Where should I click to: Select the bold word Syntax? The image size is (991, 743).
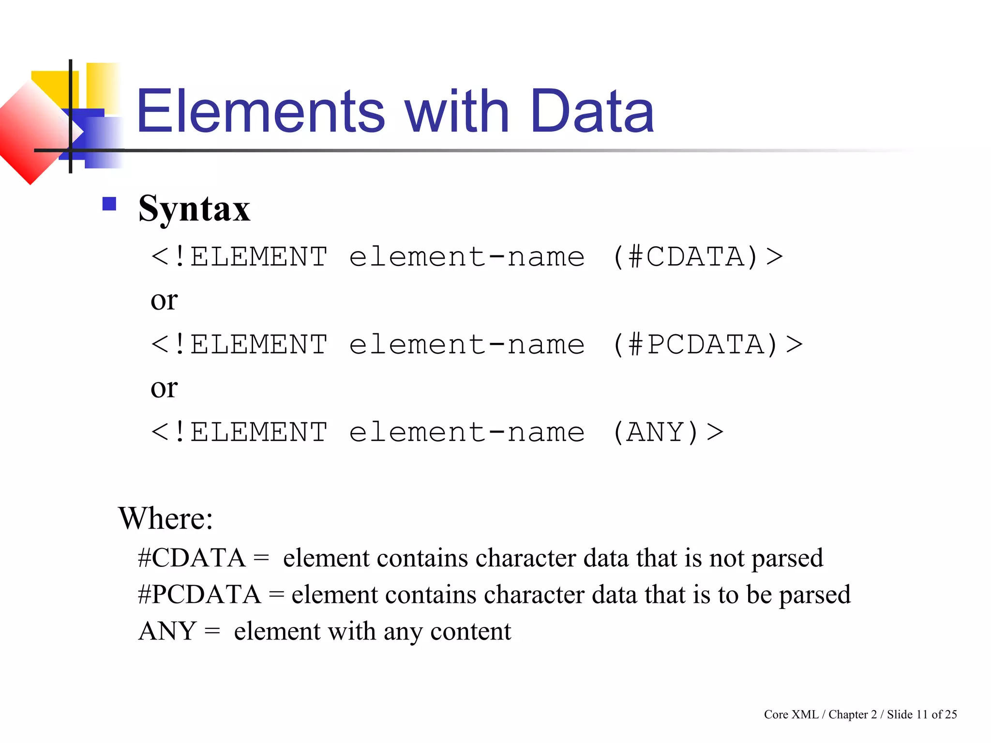pos(194,209)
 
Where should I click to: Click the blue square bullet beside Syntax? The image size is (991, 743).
pos(109,204)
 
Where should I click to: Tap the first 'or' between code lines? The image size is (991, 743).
pos(164,301)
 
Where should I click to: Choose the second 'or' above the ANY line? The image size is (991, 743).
pos(164,388)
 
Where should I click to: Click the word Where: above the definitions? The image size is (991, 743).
pos(165,519)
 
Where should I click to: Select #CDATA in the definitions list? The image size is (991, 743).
pos(192,558)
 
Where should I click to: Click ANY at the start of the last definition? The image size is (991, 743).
pos(167,631)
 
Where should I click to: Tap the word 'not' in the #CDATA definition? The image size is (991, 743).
pos(727,558)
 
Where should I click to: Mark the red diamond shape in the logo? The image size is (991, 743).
pos(30,132)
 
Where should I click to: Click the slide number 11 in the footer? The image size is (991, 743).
pos(922,714)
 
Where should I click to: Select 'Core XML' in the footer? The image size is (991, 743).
pos(791,714)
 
